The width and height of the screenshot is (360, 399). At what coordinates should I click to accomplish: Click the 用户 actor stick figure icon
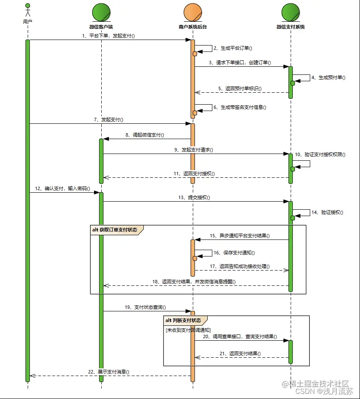(28, 11)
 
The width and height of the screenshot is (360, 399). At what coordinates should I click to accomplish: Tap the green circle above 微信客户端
(101, 11)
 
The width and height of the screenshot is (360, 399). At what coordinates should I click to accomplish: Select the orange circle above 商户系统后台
(193, 11)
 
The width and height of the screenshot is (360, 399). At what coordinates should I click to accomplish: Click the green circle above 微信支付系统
(290, 11)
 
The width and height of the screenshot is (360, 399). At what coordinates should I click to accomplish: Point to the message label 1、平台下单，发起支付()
(108, 36)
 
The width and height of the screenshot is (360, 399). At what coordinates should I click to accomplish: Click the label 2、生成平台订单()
(233, 48)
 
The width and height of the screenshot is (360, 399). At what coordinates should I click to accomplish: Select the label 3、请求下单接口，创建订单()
(240, 63)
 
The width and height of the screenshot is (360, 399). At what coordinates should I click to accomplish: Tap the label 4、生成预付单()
(328, 77)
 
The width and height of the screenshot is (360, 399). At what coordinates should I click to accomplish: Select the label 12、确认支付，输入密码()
(63, 188)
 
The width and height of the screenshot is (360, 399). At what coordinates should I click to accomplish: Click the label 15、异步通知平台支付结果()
(240, 236)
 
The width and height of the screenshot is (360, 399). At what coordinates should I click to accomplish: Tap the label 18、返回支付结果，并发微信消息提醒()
(193, 282)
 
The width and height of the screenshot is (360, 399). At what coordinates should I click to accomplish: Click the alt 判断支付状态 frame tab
(185, 320)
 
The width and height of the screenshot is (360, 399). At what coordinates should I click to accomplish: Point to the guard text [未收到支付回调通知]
(188, 330)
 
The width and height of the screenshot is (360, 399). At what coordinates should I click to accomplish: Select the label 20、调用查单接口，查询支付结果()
(240, 336)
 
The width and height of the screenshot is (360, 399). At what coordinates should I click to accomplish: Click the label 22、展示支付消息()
(109, 371)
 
